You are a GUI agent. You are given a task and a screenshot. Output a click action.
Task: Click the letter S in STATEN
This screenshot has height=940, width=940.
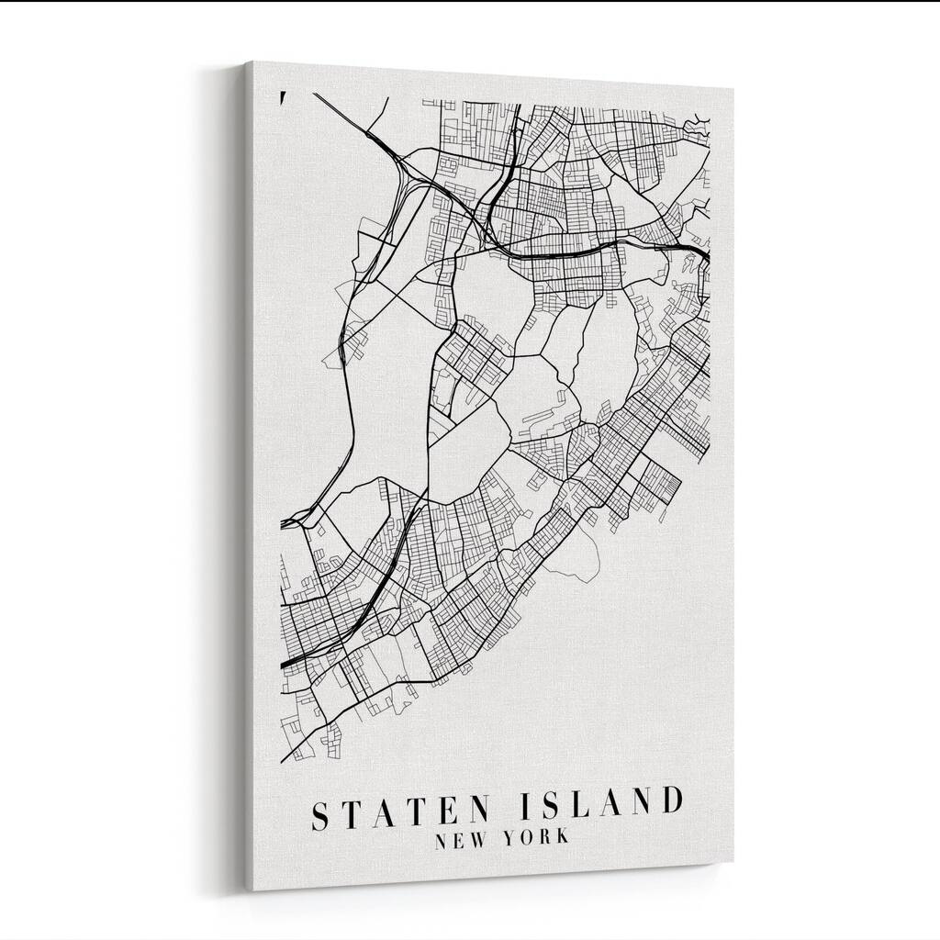(323, 813)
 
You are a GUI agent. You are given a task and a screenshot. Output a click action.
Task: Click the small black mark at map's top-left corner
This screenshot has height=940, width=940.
(283, 96)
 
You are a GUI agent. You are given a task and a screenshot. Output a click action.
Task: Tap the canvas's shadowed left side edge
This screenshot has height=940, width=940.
(248, 477)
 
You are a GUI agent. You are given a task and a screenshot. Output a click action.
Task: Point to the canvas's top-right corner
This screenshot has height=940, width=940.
(733, 91)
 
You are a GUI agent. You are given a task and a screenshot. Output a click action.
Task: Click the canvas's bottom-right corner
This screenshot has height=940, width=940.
(733, 863)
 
